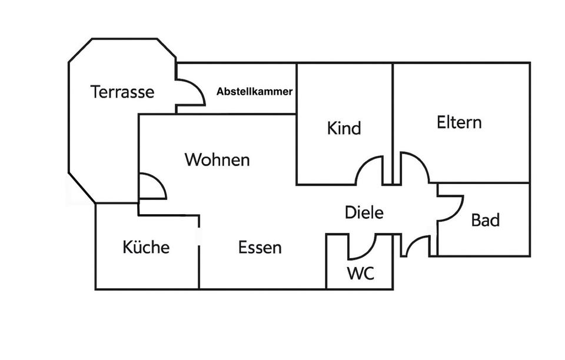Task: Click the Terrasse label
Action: click(x=122, y=92)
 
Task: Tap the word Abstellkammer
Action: click(x=254, y=92)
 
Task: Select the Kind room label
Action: click(x=344, y=128)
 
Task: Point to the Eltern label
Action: click(x=459, y=122)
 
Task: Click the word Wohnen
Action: click(x=217, y=159)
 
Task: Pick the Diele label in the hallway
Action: click(x=364, y=212)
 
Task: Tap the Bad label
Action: click(x=486, y=221)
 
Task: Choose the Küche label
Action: click(x=146, y=247)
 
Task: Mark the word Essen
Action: click(x=260, y=248)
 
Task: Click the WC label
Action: click(x=360, y=274)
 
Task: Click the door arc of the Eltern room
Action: click(x=416, y=166)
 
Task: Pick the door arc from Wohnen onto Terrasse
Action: click(x=154, y=186)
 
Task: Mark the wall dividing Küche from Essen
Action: click(x=199, y=253)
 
